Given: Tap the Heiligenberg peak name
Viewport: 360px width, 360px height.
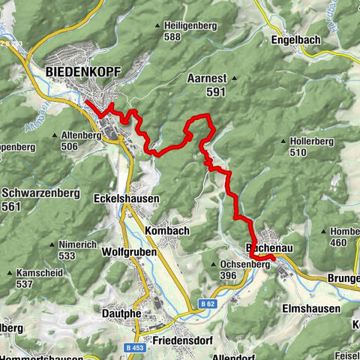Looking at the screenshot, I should [x=183, y=26].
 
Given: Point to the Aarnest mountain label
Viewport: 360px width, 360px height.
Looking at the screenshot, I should [x=208, y=77].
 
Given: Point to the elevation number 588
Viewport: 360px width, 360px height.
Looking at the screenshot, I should [x=173, y=37].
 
